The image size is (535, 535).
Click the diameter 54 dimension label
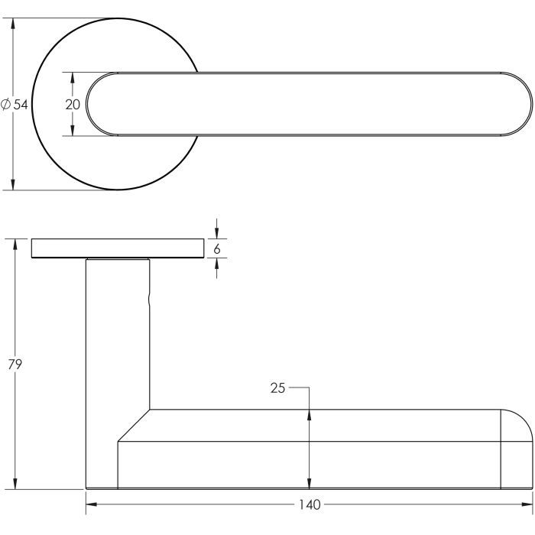coord(15,105)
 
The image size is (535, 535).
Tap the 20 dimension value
coord(73,105)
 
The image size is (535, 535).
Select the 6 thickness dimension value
coord(217,248)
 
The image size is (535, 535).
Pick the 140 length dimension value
coord(310,504)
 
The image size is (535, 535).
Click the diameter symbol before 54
coord(6,105)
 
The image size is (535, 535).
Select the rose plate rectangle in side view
coord(118,249)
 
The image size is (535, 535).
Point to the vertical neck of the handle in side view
coord(117,336)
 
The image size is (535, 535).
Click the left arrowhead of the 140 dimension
coord(90,504)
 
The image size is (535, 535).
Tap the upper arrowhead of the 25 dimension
coord(309,414)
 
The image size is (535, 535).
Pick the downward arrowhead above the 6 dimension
coord(217,234)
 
